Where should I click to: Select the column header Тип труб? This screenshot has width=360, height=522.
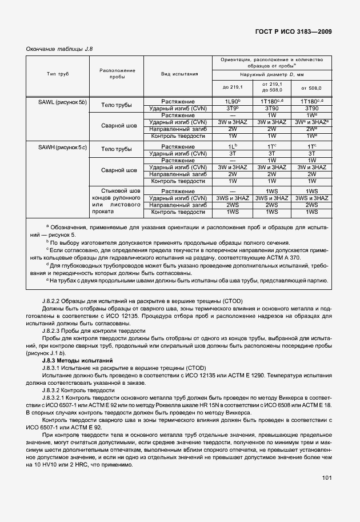pos(58,74)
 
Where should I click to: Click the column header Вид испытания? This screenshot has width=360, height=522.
pos(179,74)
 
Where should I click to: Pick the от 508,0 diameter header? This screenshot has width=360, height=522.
pos(311,87)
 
